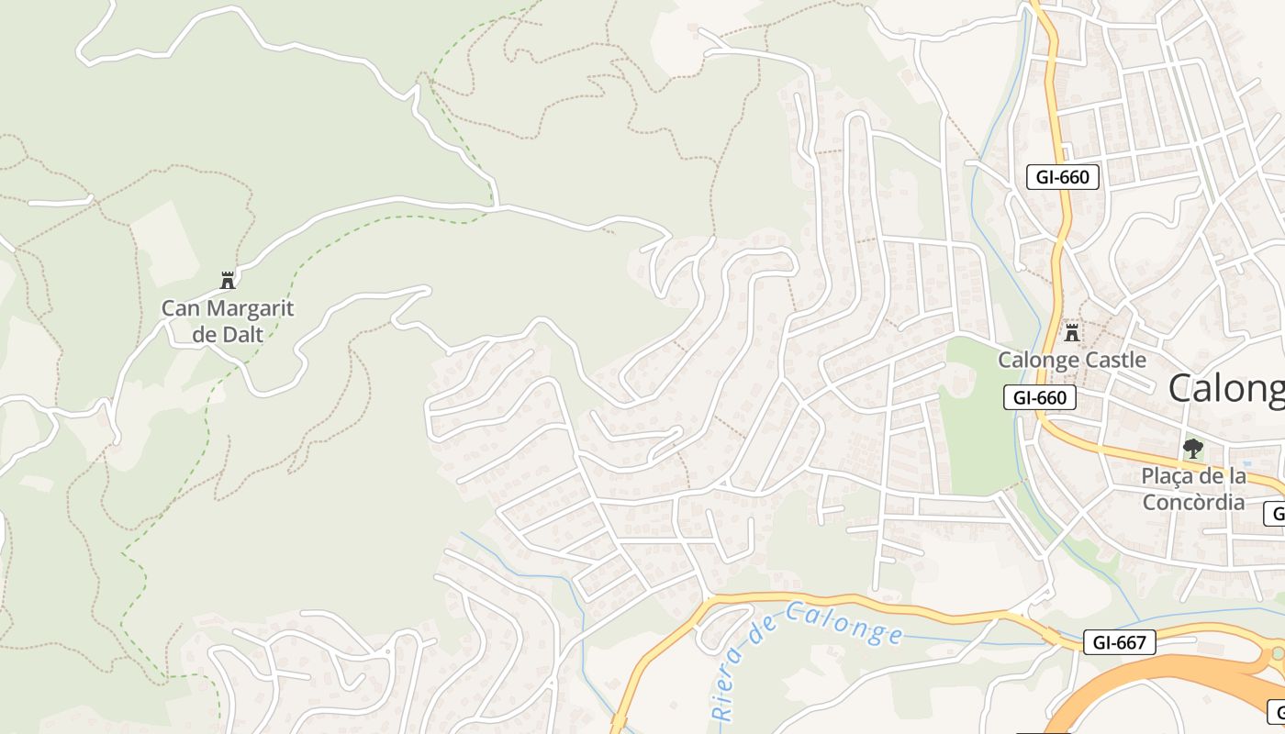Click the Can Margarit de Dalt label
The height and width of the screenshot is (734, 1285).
point(228,321)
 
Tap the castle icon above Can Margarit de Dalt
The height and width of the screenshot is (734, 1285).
point(228,280)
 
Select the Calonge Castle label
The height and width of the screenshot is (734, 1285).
point(1072,360)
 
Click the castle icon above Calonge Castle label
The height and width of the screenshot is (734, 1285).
point(1072,331)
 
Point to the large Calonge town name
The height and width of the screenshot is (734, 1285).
point(1226,389)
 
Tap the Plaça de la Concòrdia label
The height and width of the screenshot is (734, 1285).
point(1193,489)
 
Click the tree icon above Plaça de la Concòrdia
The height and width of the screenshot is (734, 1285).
point(1193,449)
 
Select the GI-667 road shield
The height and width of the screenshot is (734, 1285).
point(1119,642)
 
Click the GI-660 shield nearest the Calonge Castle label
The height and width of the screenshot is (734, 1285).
point(1040,397)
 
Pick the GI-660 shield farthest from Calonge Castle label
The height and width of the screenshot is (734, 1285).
point(1062,177)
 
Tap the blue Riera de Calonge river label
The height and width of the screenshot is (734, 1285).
point(808,651)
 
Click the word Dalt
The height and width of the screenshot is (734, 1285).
point(241,334)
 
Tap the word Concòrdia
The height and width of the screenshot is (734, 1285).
point(1193,502)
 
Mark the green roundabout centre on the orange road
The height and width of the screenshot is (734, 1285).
point(1277,654)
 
